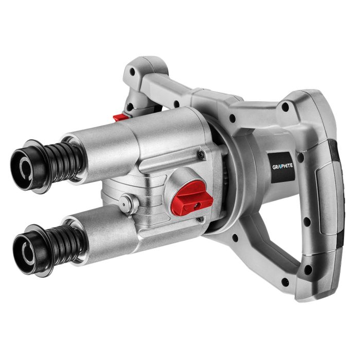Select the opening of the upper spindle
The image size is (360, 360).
(x=24, y=166)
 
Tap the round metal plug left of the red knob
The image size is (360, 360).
(x=128, y=203)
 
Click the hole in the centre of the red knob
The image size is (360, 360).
(x=197, y=204)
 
